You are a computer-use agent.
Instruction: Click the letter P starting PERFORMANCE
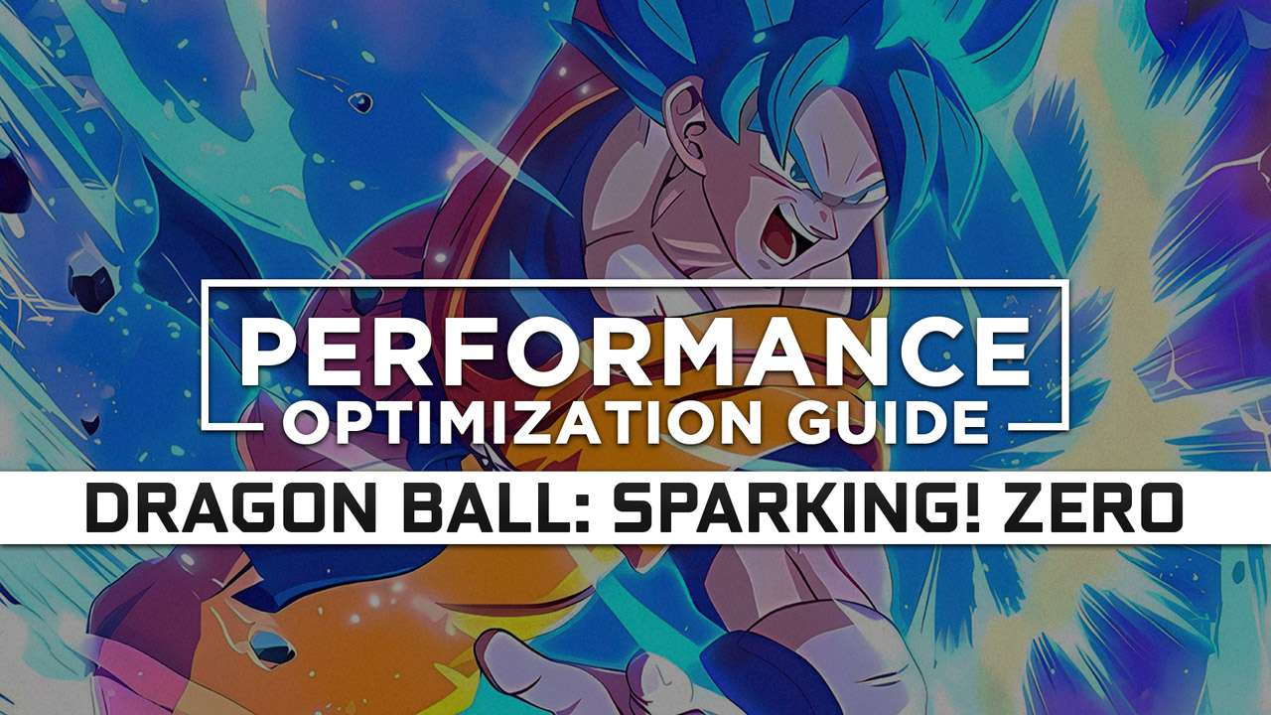coord(268,352)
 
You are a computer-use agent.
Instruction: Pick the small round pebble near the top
coord(359,102)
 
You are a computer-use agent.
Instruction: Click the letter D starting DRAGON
coord(110,509)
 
